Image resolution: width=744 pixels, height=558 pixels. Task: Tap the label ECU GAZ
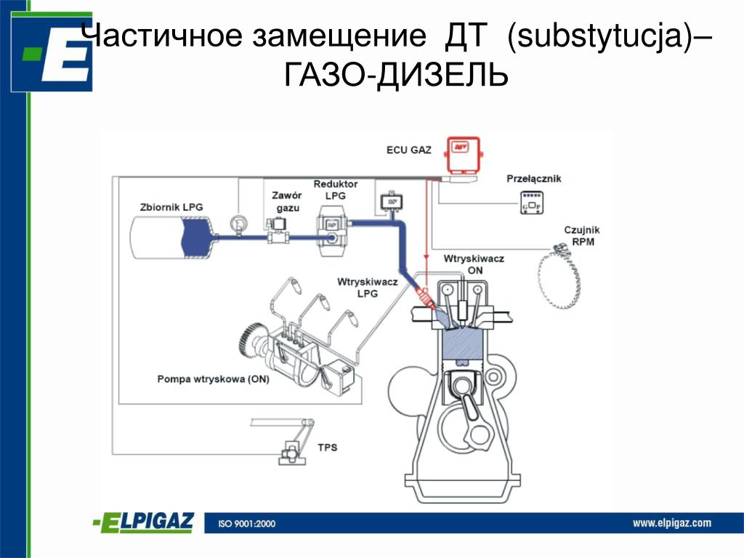click(x=408, y=151)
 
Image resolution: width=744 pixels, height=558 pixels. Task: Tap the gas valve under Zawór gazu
click(x=277, y=233)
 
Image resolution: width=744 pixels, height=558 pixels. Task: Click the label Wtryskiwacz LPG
click(x=368, y=288)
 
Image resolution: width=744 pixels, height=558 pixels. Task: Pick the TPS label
click(x=328, y=448)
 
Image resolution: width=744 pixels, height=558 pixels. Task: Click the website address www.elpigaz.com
click(x=671, y=522)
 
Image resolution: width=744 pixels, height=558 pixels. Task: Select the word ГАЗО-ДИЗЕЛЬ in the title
click(x=395, y=75)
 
